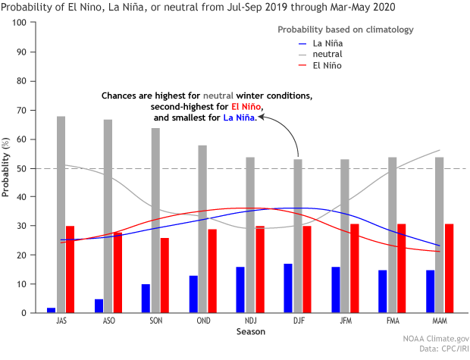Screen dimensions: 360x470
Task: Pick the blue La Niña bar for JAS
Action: (51, 310)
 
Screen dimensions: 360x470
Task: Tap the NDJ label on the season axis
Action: (250, 322)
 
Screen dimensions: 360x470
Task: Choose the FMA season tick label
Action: (392, 322)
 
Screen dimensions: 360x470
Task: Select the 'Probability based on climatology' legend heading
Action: (345, 30)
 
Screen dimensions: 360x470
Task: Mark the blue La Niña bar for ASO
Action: (99, 305)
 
